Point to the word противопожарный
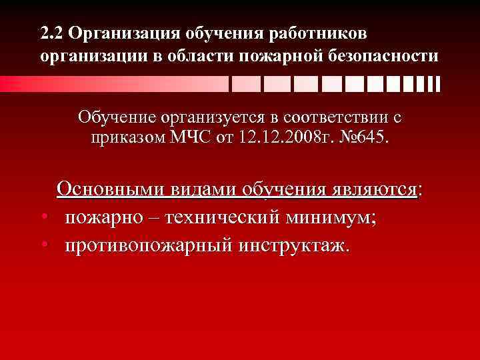point(146,245)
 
